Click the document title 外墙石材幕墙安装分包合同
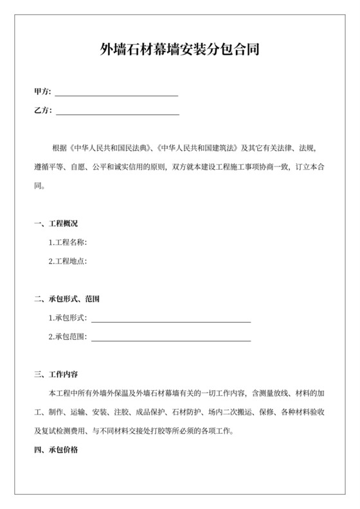tap(180, 49)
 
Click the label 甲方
tap(42, 93)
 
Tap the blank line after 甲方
tap(117, 94)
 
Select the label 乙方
tap(42, 111)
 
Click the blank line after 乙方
tap(118, 113)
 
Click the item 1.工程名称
tap(68, 242)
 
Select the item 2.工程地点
tap(68, 262)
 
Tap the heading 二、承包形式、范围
tap(67, 299)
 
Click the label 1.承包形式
tap(68, 318)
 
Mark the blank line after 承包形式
tap(171, 320)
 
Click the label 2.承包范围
tap(68, 337)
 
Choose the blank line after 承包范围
tap(171, 339)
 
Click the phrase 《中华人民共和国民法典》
tap(109, 148)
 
